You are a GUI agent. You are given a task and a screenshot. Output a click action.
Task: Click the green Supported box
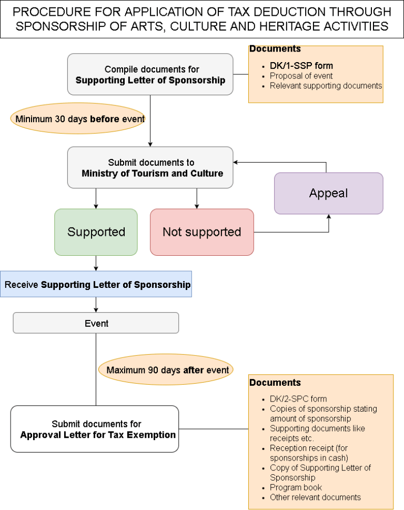(x=96, y=232)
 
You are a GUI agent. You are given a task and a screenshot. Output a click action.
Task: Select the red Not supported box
(x=202, y=232)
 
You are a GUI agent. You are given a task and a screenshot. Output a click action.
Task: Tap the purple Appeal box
(x=328, y=193)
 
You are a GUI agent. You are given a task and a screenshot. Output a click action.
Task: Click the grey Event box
(x=96, y=323)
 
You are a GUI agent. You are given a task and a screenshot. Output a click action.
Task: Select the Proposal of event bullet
(x=301, y=76)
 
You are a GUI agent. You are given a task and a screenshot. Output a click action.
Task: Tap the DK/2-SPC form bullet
(x=298, y=399)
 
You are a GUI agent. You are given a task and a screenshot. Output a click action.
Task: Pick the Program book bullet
(x=296, y=487)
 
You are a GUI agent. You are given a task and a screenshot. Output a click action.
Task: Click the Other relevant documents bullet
(x=315, y=497)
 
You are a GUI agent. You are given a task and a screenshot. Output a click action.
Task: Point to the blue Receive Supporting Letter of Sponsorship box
(x=96, y=285)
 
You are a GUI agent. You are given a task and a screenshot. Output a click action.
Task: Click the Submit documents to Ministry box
(x=150, y=168)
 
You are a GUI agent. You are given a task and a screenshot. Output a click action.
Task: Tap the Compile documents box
(x=150, y=74)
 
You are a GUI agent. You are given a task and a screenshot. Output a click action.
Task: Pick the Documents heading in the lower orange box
(x=275, y=383)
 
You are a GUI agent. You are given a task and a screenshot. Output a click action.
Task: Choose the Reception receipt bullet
(x=309, y=453)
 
